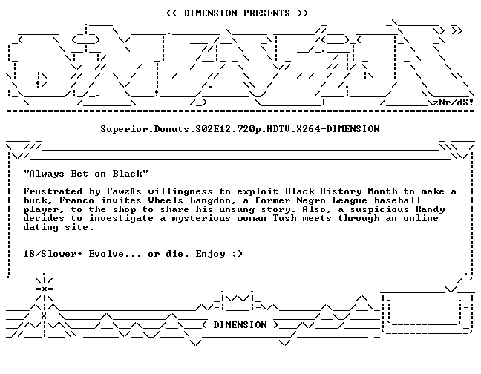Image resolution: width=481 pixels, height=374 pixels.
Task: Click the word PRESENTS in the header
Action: pos(266,13)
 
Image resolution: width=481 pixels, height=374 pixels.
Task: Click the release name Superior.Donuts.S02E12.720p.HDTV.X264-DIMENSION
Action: pos(240,129)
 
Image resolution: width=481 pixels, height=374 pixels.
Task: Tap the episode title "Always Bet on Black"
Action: pos(86,174)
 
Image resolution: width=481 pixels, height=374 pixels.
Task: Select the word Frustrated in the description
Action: pos(53,191)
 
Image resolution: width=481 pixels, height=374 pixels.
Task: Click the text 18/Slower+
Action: pos(53,254)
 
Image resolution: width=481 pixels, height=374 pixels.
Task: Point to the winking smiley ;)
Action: pos(238,254)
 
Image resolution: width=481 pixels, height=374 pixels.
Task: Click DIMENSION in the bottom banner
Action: pos(240,325)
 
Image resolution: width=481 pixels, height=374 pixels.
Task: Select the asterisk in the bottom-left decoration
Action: pos(45,289)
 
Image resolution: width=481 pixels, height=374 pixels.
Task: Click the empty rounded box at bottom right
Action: pos(425,310)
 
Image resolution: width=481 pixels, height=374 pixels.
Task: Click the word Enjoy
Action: pos(211,254)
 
